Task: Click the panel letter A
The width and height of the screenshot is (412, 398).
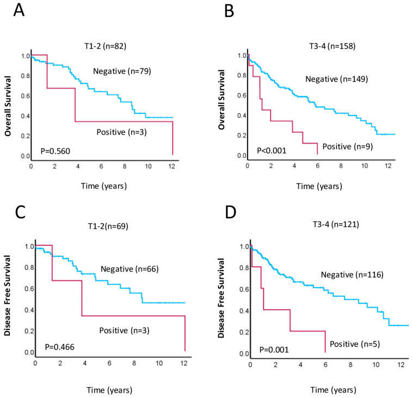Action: (19, 10)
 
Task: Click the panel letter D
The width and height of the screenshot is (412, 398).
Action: (230, 212)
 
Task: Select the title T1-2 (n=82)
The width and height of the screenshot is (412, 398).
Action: (106, 46)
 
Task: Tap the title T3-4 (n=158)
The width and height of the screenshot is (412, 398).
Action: (333, 46)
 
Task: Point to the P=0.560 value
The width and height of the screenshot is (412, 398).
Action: (55, 151)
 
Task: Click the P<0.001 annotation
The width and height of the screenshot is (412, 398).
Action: (272, 151)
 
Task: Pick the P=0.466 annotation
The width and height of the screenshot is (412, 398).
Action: (60, 347)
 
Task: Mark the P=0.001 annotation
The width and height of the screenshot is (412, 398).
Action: (274, 350)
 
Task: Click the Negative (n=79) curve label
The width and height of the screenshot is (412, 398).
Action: (122, 71)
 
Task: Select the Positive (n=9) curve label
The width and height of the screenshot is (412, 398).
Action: (348, 146)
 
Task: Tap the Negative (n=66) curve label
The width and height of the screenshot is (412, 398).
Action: (130, 269)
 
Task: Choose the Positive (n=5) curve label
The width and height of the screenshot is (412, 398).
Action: (355, 344)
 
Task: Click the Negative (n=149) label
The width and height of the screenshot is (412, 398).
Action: (336, 79)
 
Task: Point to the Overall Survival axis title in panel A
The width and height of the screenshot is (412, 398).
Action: (8, 106)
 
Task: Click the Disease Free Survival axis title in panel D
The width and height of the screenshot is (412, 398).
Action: (222, 298)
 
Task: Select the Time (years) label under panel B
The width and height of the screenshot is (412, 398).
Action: (319, 186)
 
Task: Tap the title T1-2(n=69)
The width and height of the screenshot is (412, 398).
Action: (108, 226)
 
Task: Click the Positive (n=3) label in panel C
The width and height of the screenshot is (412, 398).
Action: (124, 330)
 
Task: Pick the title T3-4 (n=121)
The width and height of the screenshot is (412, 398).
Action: (336, 224)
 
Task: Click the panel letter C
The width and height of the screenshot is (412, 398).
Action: (20, 212)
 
